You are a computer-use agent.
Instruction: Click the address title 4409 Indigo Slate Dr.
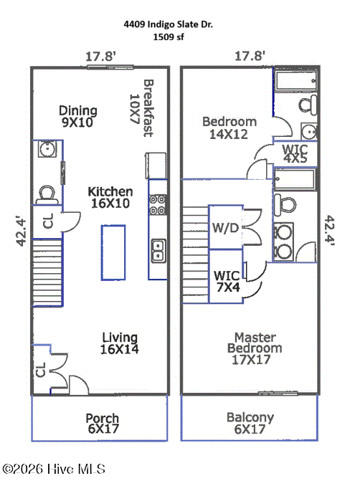(x=169, y=24)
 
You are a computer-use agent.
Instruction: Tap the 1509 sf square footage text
(x=169, y=37)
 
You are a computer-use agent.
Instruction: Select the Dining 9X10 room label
(x=77, y=117)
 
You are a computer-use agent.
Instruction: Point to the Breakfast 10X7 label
(x=141, y=108)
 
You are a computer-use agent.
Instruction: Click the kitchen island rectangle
(x=113, y=252)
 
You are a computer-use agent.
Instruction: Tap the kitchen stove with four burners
(x=158, y=204)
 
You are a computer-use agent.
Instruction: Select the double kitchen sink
(x=158, y=250)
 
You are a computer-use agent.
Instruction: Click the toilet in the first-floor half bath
(x=47, y=195)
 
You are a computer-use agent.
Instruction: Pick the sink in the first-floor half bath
(x=47, y=149)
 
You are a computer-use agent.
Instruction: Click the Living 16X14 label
(x=119, y=343)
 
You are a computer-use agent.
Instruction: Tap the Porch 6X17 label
(x=103, y=424)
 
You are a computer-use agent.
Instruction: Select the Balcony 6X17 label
(x=250, y=423)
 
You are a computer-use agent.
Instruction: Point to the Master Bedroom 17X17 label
(x=254, y=348)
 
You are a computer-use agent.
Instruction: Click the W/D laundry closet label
(x=225, y=228)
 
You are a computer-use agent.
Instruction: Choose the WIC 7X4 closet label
(x=227, y=281)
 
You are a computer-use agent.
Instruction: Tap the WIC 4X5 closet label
(x=295, y=153)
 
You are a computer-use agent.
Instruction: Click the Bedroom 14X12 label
(x=229, y=128)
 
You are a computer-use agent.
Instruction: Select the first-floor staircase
(x=47, y=273)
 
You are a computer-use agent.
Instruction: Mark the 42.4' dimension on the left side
(x=21, y=231)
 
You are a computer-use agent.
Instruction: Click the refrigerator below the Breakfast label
(x=156, y=166)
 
